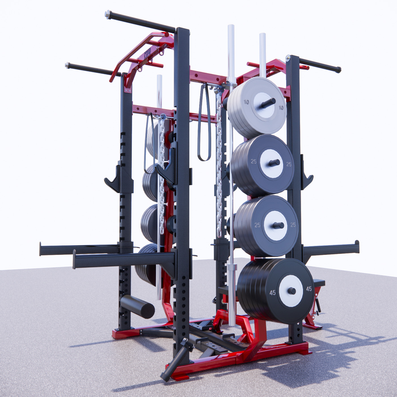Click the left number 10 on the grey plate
pos(246,102)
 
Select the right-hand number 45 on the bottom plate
pos(309,289)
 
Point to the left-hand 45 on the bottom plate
pos(273,293)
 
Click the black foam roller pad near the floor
pos(138,306)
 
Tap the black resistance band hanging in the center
pos(204,122)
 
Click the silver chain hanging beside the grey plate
pos(219,164)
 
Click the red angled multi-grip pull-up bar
pos(136,54)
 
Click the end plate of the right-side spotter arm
pos(357,247)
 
